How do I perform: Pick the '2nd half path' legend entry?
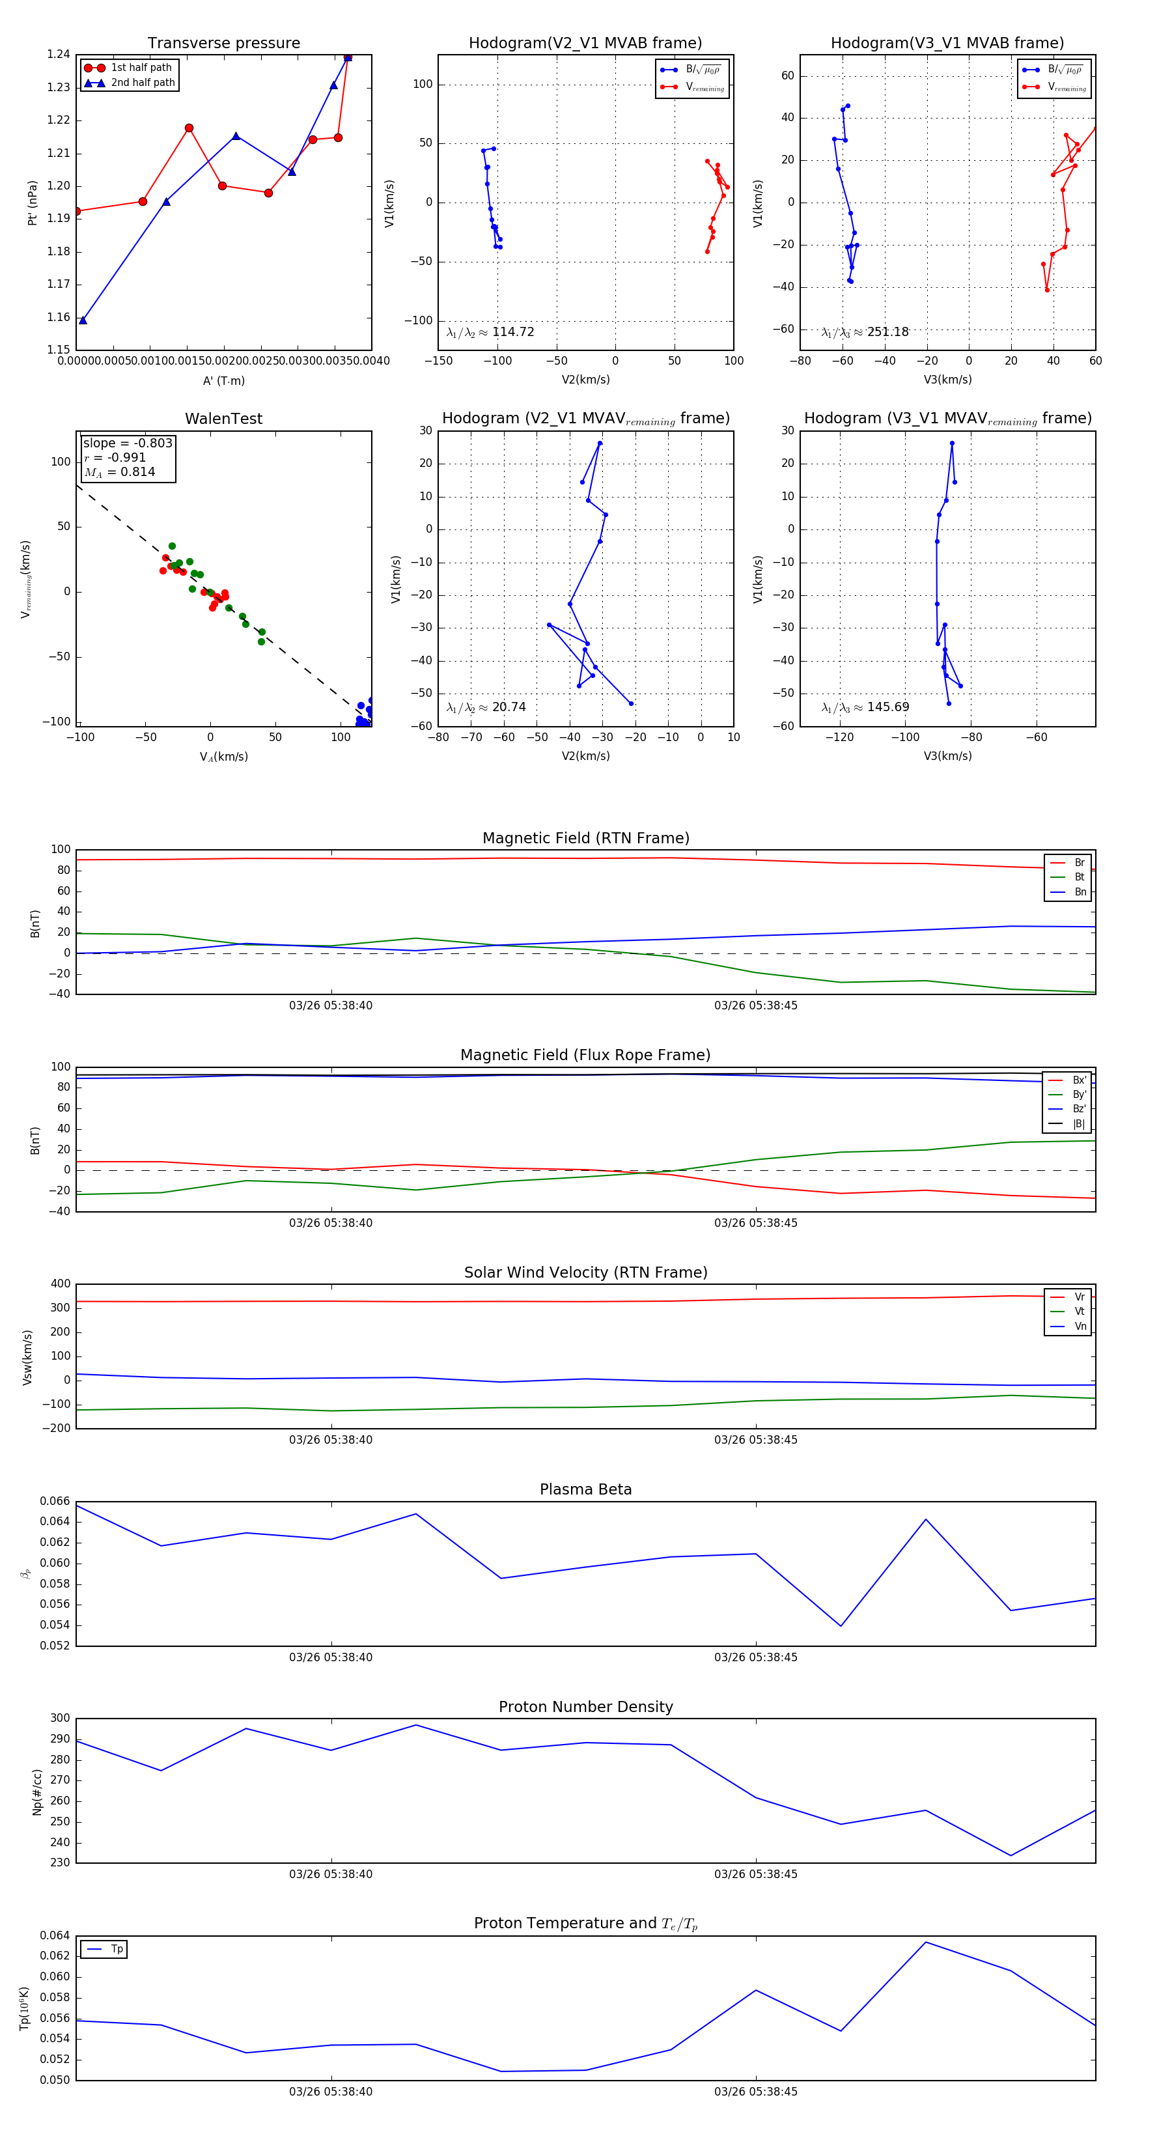143,83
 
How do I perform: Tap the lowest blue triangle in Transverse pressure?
83,320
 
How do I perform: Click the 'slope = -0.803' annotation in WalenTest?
128,443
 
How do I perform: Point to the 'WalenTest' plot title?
223,419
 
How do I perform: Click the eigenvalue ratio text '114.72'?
512,332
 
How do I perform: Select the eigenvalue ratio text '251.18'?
887,332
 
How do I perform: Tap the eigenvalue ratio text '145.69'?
887,707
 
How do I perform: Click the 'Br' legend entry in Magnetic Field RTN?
1080,863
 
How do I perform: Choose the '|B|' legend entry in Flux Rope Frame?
1079,1124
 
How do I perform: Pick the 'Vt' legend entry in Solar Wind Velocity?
1080,1312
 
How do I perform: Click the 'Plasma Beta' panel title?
585,1489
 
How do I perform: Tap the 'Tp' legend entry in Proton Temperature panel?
117,1949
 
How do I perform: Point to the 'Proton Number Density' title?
585,1707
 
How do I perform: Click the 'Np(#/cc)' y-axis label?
36,1792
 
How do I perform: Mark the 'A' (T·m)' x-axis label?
223,381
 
